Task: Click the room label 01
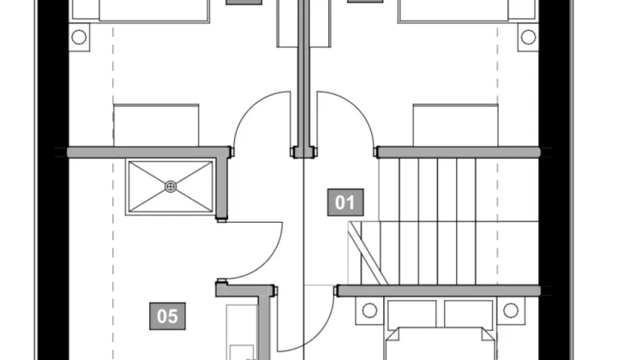[345, 202]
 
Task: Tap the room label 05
[167, 316]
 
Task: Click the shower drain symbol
[171, 186]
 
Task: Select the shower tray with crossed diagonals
[171, 187]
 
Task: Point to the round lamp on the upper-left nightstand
[79, 37]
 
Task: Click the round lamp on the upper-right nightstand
[528, 37]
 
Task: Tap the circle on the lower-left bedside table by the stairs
[369, 310]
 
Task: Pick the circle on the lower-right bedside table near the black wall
[511, 310]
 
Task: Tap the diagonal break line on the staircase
[368, 253]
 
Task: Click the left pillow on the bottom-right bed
[412, 314]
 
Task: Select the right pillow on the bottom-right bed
[469, 314]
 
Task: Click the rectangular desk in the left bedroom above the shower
[156, 125]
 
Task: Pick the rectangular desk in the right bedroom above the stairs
[456, 125]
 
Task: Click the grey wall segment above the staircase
[458, 153]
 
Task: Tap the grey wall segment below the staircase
[439, 291]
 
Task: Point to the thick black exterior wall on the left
[53, 180]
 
